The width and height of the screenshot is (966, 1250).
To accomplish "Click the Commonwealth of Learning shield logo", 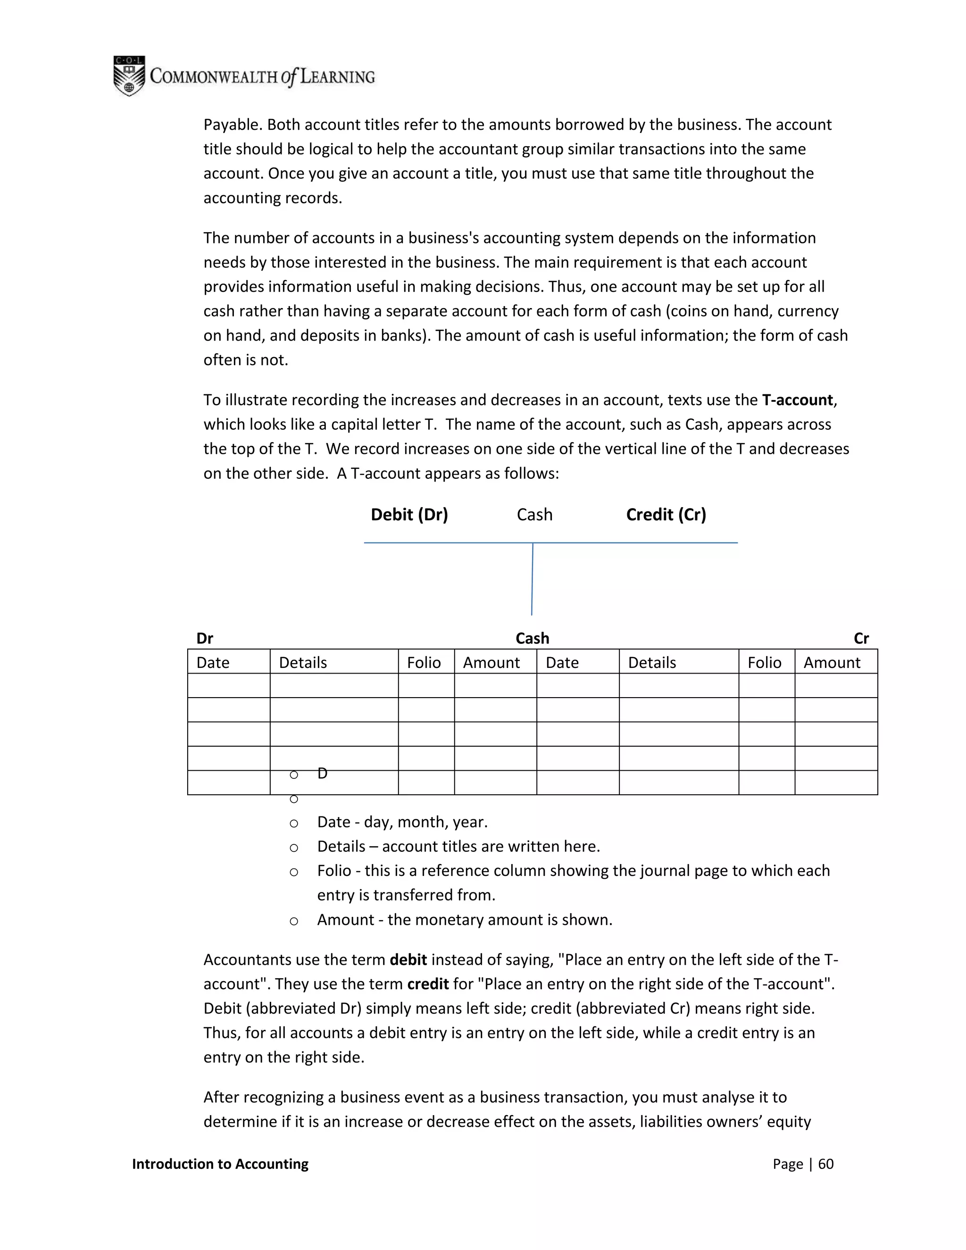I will pyautogui.click(x=129, y=76).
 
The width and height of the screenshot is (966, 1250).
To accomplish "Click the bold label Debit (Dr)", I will pyautogui.click(x=409, y=515).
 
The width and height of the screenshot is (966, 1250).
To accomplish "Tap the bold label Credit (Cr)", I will pyautogui.click(x=666, y=515).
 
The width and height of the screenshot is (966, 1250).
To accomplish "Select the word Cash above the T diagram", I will pyautogui.click(x=534, y=515).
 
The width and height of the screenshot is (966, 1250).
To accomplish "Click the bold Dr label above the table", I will pyautogui.click(x=204, y=638).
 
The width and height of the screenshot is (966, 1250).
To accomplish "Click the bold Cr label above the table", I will pyautogui.click(x=861, y=638).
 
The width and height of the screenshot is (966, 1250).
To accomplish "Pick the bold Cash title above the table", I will pyautogui.click(x=532, y=638).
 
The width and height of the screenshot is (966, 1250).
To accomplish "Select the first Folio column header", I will pyautogui.click(x=424, y=662).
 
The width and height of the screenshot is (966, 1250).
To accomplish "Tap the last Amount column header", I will pyautogui.click(x=832, y=662).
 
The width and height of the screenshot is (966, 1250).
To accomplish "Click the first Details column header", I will pyautogui.click(x=303, y=662).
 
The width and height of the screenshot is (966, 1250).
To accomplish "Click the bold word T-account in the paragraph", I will pyautogui.click(x=797, y=400).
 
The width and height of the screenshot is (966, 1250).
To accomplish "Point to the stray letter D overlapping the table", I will pyautogui.click(x=322, y=774).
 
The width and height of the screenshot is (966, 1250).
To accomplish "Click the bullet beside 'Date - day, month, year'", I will pyautogui.click(x=293, y=824).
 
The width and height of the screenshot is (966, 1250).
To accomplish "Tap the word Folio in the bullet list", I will pyautogui.click(x=333, y=871).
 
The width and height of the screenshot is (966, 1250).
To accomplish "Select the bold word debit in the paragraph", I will pyautogui.click(x=408, y=960).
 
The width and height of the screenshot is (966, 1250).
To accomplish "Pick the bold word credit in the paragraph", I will pyautogui.click(x=427, y=984).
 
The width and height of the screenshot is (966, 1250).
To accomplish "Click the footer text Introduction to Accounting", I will pyautogui.click(x=220, y=1164).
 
